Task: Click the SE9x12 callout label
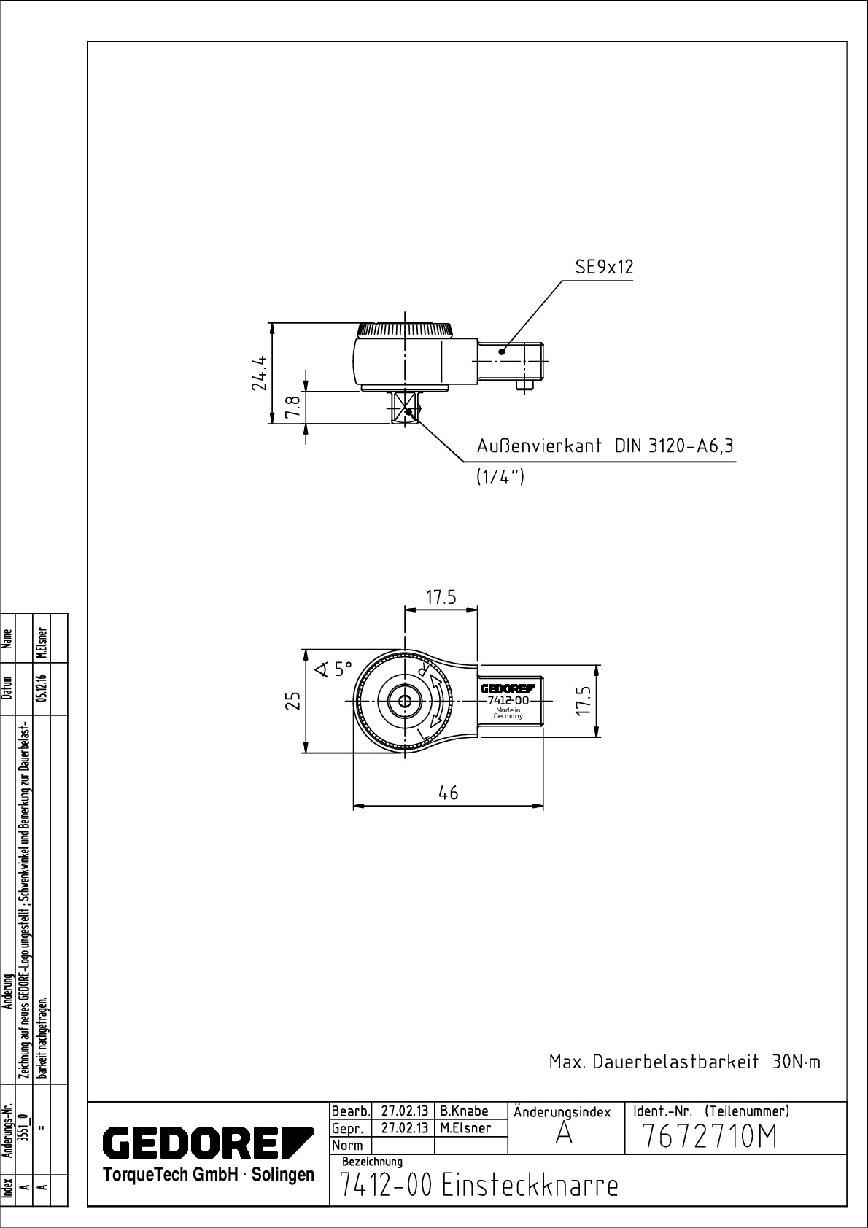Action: coord(604,267)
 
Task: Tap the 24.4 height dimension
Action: coord(259,373)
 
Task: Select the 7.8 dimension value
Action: coord(292,407)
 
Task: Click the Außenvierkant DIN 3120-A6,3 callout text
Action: coord(605,446)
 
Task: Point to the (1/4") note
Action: coord(500,477)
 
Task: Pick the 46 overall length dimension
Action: coord(448,793)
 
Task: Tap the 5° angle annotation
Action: coord(334,669)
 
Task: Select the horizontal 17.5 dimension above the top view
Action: coord(441,597)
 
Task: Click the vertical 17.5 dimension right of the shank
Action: coord(585,700)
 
